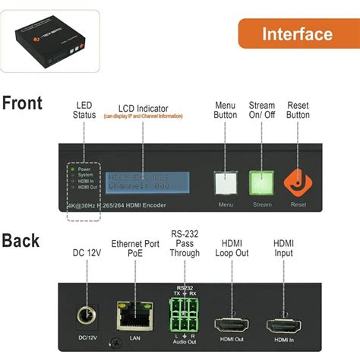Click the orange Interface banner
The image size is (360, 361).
click(x=297, y=34)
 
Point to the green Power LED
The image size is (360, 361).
click(x=73, y=169)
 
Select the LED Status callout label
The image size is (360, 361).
click(x=84, y=109)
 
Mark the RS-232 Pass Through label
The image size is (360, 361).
click(x=184, y=243)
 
